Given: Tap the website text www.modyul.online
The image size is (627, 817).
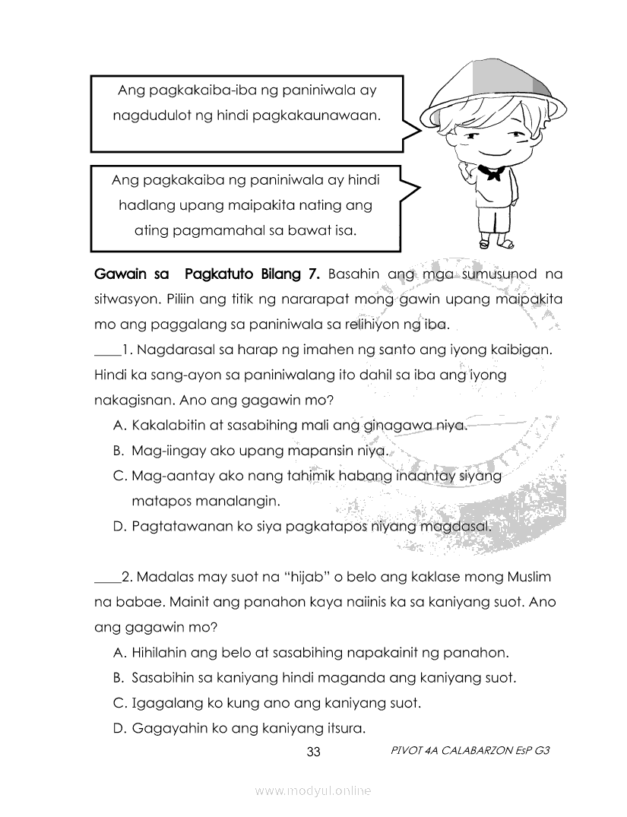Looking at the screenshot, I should coord(313,790).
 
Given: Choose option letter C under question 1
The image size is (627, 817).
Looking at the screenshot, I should coord(119,477).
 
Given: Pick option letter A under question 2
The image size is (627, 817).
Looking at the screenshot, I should coord(119,652).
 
